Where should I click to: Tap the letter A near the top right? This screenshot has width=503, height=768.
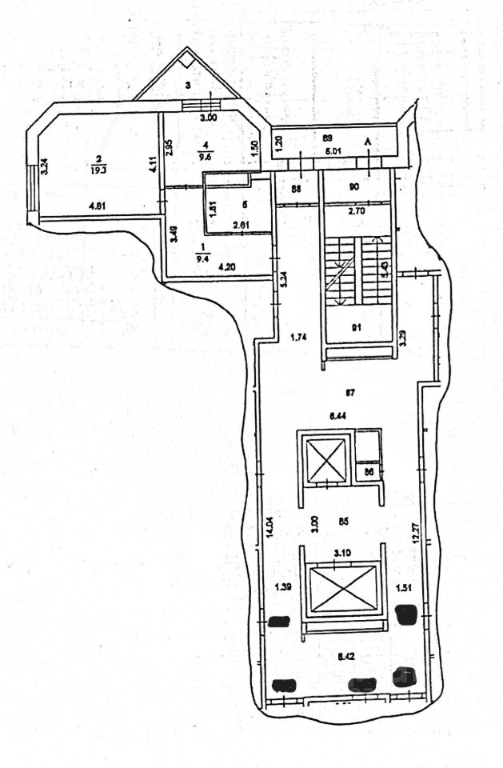click(x=368, y=142)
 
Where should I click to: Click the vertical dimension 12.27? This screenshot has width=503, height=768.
click(x=415, y=533)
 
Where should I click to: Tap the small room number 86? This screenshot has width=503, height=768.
click(x=369, y=473)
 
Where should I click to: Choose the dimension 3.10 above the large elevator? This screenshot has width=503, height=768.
click(x=341, y=553)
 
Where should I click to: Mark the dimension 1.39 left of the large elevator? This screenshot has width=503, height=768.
click(x=281, y=587)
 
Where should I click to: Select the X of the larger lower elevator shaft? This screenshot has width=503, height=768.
click(x=342, y=589)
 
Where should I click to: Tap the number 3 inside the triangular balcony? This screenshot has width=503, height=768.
click(x=187, y=84)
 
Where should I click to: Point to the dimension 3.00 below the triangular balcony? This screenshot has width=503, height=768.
click(x=208, y=118)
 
